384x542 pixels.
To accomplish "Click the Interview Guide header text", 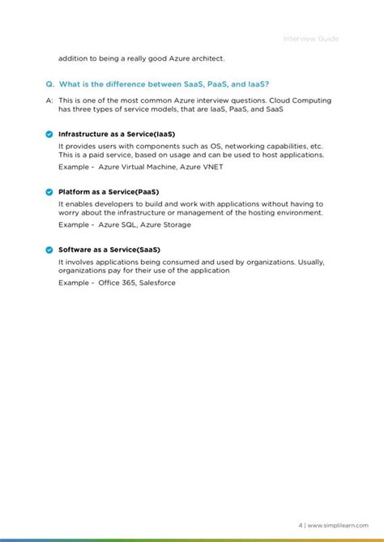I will point(312,39).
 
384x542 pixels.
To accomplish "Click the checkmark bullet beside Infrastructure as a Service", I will point(49,134).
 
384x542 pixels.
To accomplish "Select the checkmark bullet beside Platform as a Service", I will point(49,192).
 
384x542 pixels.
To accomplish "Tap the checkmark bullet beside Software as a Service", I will point(49,250).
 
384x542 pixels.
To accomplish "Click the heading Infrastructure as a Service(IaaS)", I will point(117,134).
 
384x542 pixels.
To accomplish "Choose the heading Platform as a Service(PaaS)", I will point(109,192).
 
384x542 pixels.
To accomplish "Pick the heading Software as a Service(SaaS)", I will point(109,250).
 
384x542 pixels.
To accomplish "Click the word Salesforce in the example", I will point(156,283).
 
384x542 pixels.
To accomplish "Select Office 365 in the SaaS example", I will point(117,283).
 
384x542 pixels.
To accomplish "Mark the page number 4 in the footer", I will point(300,525).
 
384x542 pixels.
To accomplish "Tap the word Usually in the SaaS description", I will point(311,262).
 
